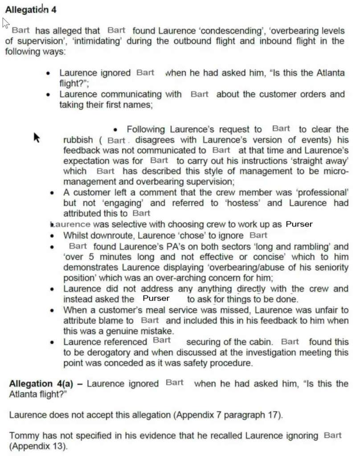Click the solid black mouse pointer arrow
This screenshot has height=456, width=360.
click(x=37, y=137)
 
